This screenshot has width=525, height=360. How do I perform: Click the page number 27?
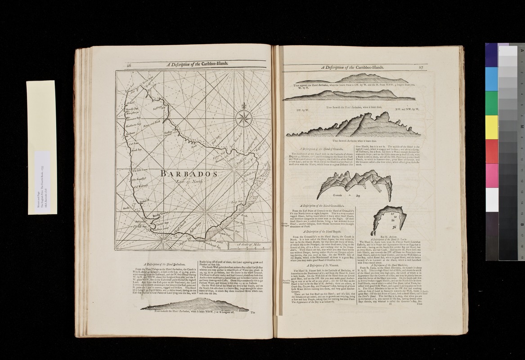pyautogui.click(x=421, y=67)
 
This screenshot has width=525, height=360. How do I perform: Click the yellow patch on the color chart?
pyautogui.click(x=492, y=127)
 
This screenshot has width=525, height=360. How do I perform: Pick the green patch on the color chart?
pyautogui.click(x=492, y=103)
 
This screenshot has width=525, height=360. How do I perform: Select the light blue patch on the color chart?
pyautogui.click(x=492, y=79)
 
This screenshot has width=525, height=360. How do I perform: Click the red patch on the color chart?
pyautogui.click(x=492, y=151)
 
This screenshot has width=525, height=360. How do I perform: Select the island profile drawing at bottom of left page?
pyautogui.click(x=194, y=306)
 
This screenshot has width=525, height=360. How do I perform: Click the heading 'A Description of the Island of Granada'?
pyautogui.click(x=319, y=148)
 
